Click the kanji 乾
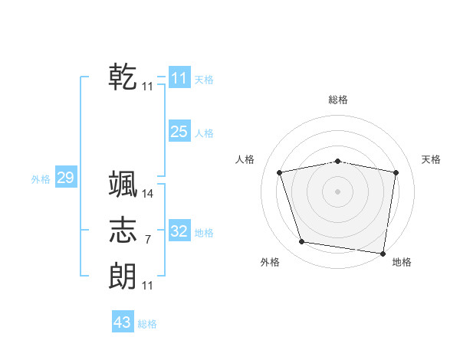click(123, 77)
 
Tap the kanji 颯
click(123, 185)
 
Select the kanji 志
click(123, 230)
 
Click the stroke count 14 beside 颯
click(148, 194)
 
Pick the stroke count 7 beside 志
click(148, 240)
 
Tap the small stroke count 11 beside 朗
click(148, 285)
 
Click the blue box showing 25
click(179, 132)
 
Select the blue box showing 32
click(179, 231)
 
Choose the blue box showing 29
click(65, 178)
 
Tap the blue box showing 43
click(122, 322)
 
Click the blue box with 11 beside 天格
click(179, 78)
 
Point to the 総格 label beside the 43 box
click(147, 324)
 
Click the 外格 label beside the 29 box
click(41, 179)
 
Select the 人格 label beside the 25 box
click(204, 133)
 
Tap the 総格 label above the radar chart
click(338, 100)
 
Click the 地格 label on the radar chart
click(402, 263)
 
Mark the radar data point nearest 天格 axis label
click(396, 172)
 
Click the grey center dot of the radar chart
click(338, 191)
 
